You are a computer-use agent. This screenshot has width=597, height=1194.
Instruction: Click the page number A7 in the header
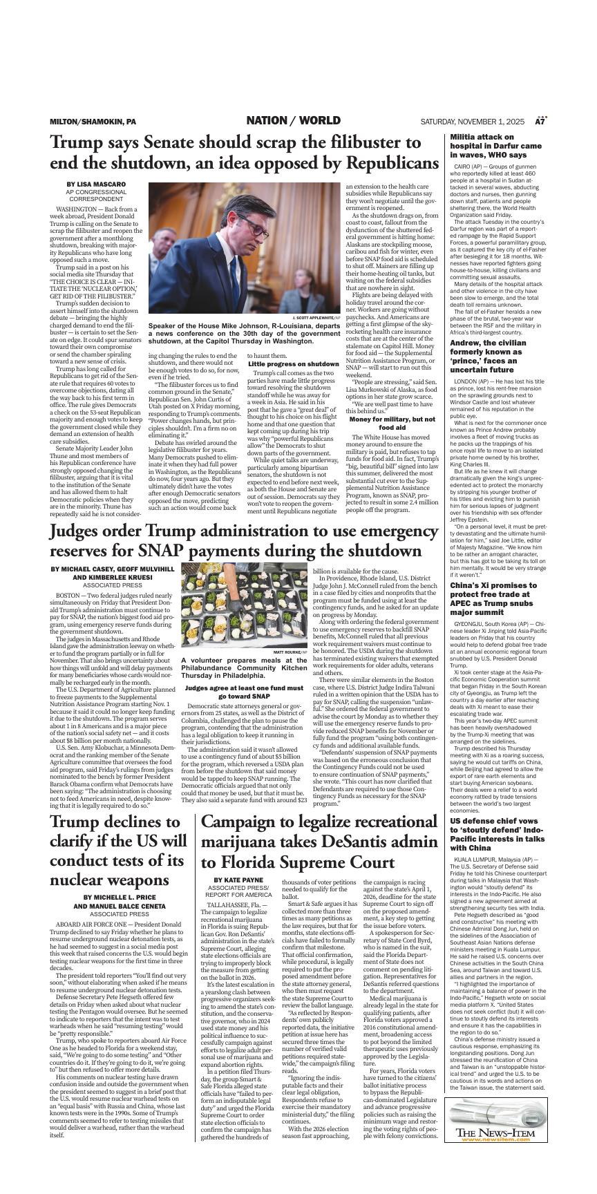tap(540, 122)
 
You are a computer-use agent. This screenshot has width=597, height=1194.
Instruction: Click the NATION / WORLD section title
tap(293, 121)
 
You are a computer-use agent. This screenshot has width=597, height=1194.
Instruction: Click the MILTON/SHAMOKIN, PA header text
tap(93, 122)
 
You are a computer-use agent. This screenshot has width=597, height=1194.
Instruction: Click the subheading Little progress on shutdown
tap(293, 363)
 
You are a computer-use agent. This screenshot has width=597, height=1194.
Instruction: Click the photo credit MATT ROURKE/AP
tap(290, 652)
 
